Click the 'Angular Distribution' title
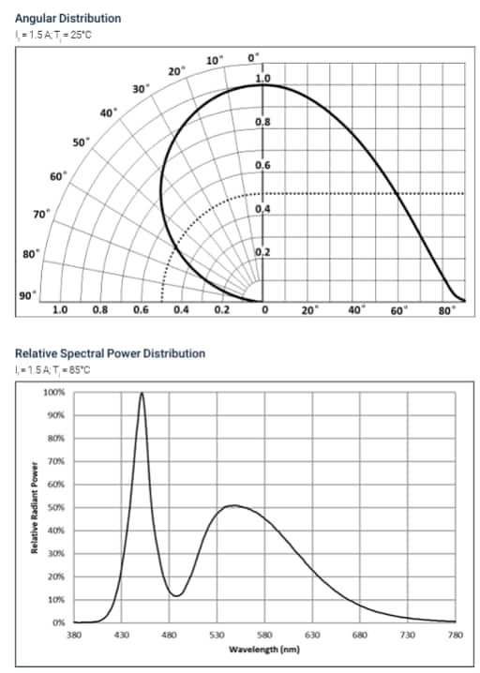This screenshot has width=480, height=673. tap(67, 18)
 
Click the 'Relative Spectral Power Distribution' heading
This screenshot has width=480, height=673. tap(110, 353)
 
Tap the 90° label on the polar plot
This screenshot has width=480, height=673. tap(25, 296)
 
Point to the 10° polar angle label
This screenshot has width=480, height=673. tap(214, 60)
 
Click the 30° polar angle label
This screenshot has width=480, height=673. tap(141, 89)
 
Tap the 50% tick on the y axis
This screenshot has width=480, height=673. tap(56, 507)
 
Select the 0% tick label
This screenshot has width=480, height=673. tap(58, 622)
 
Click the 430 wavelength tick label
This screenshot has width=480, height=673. tap(122, 636)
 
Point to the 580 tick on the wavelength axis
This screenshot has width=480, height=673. tap(264, 636)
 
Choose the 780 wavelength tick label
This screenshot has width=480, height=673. tap(455, 636)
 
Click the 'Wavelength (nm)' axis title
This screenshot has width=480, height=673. tap(264, 648)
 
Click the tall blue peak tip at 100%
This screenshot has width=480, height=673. tap(142, 394)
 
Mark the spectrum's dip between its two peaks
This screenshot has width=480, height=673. tap(175, 595)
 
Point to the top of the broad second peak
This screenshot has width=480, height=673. tap(234, 506)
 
